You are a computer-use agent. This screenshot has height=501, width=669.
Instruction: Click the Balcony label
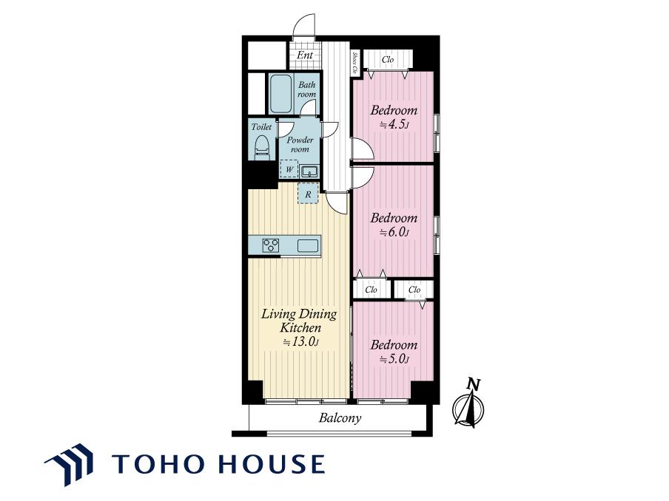(x=340, y=418)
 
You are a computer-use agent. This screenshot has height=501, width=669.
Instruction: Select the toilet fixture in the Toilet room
(x=261, y=147)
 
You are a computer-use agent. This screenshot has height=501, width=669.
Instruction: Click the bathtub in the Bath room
(x=280, y=94)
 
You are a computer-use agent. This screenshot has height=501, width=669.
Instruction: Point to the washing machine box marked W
(x=289, y=169)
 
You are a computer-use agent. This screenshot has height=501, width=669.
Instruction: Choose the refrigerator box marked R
(x=308, y=194)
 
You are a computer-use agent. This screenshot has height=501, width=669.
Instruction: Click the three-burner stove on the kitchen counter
(x=271, y=246)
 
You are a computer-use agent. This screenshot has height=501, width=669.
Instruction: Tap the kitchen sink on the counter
(x=308, y=246)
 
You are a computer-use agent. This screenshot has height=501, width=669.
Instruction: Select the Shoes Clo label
(x=355, y=63)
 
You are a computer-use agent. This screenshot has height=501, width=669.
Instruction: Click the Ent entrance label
(x=305, y=55)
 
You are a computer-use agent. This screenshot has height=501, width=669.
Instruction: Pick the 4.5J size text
(x=394, y=125)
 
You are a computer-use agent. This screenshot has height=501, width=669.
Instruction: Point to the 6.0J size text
(x=394, y=233)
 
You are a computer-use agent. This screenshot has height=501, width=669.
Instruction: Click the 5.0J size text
(x=394, y=359)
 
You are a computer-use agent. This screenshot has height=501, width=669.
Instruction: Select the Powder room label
(x=300, y=144)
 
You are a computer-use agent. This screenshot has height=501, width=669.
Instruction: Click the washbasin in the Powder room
(x=308, y=171)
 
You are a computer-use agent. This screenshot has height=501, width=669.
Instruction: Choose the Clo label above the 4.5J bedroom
(x=388, y=60)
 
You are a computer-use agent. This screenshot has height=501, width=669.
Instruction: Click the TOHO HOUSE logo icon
(x=69, y=464)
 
